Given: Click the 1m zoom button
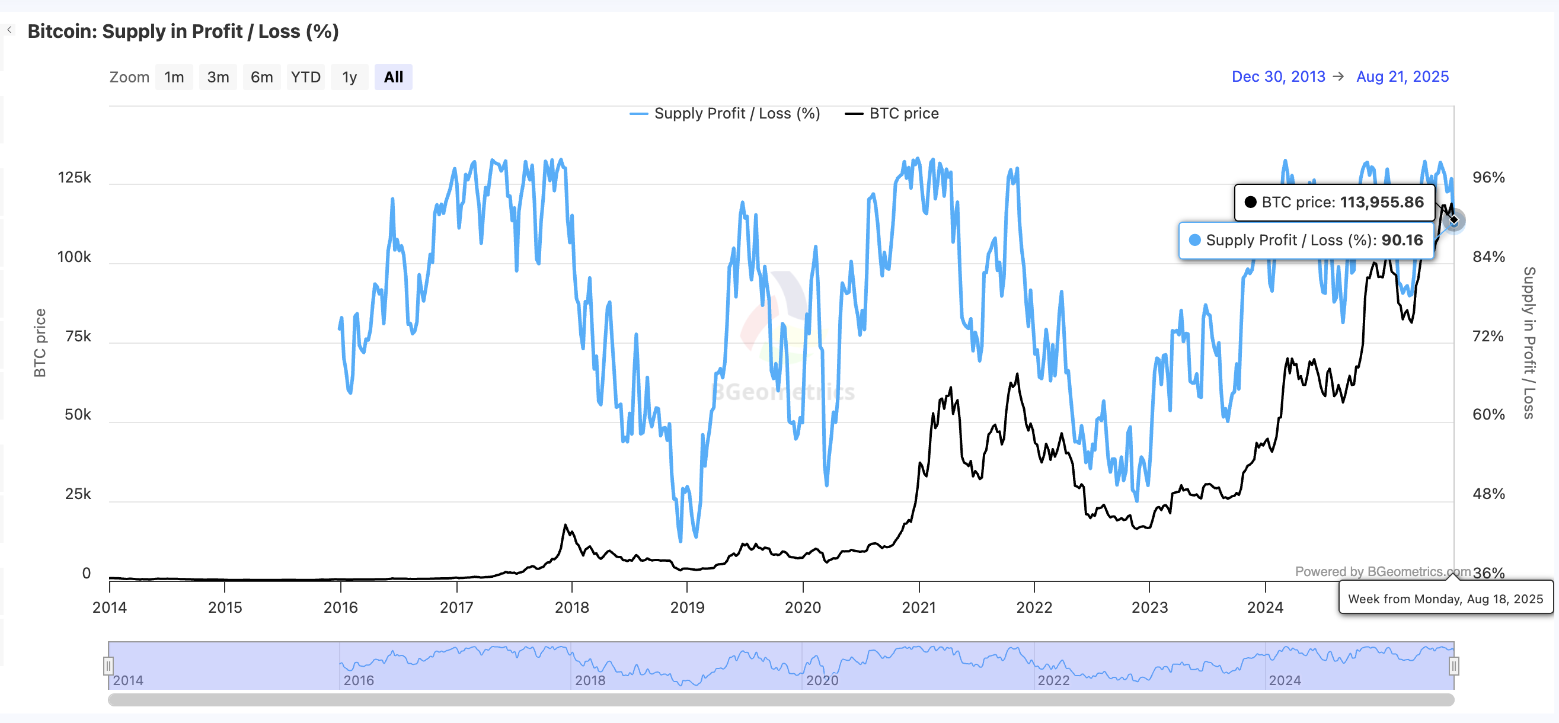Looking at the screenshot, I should click(174, 78).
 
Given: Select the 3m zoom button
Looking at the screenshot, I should click(218, 78).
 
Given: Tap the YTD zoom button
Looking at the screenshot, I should click(306, 78).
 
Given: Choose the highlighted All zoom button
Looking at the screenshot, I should click(394, 78).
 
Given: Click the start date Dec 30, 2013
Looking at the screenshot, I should click(1278, 77).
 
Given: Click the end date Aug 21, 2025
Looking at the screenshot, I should click(1403, 77).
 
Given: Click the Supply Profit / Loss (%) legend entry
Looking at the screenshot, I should click(737, 114).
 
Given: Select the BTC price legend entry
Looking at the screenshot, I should click(903, 114).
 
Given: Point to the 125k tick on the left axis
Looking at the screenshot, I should click(75, 178).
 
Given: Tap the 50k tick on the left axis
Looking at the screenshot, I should click(78, 415).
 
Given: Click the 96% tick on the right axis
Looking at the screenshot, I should click(1488, 178).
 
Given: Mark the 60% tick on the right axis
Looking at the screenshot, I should click(1488, 415).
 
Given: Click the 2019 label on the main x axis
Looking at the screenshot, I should click(687, 607).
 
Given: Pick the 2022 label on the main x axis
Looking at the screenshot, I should click(1034, 607).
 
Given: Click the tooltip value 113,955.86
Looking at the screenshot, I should click(1382, 203).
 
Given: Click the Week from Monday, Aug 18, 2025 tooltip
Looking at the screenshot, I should click(1445, 599).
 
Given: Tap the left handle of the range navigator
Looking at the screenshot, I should click(108, 666).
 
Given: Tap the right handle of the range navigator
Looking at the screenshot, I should click(1453, 666).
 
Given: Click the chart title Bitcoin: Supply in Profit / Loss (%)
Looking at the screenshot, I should click(183, 31).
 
